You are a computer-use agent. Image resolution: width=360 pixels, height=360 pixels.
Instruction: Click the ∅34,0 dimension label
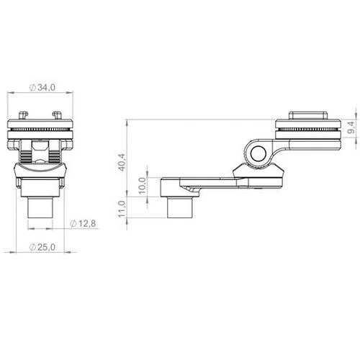[42, 88]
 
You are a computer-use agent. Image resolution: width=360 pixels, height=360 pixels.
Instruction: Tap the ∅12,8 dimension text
[83, 224]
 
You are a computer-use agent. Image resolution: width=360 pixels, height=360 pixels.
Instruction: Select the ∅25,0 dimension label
[42, 247]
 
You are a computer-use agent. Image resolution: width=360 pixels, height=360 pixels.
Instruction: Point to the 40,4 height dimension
[122, 162]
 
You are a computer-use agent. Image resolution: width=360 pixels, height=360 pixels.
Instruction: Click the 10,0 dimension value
[142, 186]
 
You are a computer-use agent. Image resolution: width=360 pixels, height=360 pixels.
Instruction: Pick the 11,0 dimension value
[122, 209]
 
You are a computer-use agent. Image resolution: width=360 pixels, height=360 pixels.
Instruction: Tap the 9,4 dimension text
[351, 127]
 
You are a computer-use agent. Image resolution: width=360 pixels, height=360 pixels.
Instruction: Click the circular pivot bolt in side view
[258, 153]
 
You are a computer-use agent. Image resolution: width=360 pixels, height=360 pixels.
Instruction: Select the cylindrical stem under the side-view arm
[180, 207]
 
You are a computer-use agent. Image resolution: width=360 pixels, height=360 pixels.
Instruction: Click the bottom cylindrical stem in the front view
[40, 207]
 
